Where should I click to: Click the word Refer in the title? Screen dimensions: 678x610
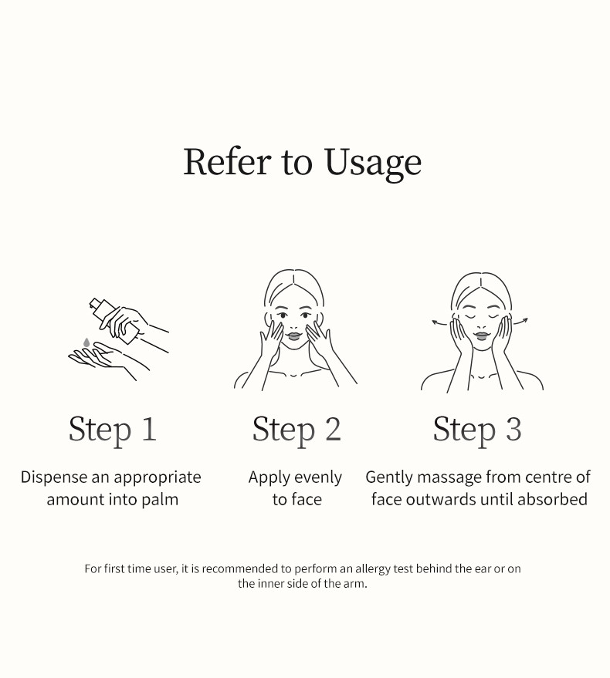pos(227,162)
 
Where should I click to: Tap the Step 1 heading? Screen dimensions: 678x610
pos(113,430)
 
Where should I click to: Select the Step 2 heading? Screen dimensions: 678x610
pos(297,430)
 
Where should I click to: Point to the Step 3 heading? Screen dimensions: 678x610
pos(477,430)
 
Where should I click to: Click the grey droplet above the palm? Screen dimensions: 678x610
pos(86,342)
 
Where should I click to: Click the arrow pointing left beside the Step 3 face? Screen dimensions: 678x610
pos(439,322)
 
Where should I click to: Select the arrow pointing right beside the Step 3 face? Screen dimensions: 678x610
pos(523,321)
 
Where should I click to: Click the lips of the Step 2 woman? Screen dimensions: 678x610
pos(296,334)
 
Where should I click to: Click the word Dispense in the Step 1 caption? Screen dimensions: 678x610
pos(54,477)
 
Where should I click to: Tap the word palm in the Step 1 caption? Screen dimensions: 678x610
pos(160,500)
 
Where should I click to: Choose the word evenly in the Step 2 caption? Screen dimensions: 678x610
pos(317,478)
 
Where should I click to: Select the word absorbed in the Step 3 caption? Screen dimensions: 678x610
pos(552,500)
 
